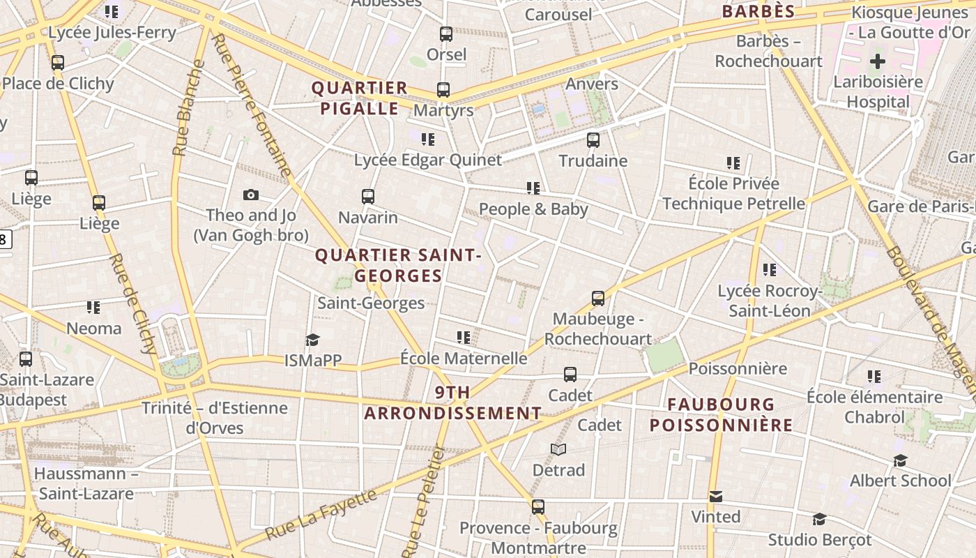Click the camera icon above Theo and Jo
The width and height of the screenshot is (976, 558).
(x=251, y=195)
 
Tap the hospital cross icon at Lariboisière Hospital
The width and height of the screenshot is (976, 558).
(x=878, y=61)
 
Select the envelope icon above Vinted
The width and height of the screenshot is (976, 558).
(x=716, y=497)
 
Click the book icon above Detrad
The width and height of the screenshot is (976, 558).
(x=558, y=450)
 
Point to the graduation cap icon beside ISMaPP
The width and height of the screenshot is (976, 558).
(x=312, y=340)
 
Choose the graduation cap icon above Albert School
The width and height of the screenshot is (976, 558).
(x=900, y=460)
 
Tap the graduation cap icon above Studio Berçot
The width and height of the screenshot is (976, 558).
(x=819, y=520)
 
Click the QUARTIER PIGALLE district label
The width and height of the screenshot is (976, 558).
(x=359, y=98)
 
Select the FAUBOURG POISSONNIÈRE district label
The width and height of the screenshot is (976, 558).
(x=721, y=414)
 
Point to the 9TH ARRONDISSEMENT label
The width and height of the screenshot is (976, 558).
(x=452, y=402)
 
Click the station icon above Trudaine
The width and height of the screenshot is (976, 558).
(x=593, y=140)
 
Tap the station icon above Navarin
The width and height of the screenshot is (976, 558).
(x=368, y=197)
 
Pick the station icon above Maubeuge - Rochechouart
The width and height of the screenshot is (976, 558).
(x=598, y=299)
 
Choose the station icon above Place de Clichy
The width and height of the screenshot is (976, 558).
(x=58, y=63)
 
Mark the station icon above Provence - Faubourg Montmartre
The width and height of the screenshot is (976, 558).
(x=537, y=507)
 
